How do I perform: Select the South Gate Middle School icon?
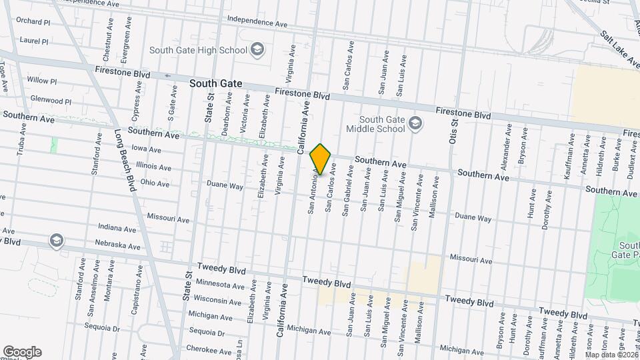pos(416,123)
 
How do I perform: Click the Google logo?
pos(22,351)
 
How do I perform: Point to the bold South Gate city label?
pos(215,84)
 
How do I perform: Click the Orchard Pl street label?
pos(34,21)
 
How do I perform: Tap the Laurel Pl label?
pos(35,41)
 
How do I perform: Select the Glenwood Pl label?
pos(51,101)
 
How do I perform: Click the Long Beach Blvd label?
pos(124,160)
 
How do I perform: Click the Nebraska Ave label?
pos(117,245)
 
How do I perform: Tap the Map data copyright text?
pos(611,354)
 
